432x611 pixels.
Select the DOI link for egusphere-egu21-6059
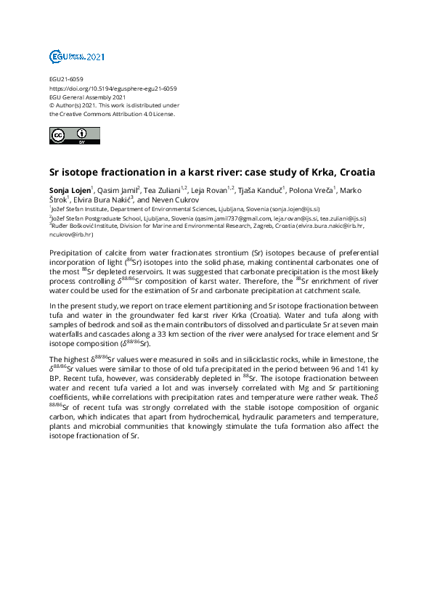pos(113,88)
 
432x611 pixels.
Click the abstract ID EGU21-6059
pos(66,79)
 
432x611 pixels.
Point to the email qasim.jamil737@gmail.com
pos(232,218)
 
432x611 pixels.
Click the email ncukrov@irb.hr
pos(68,234)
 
